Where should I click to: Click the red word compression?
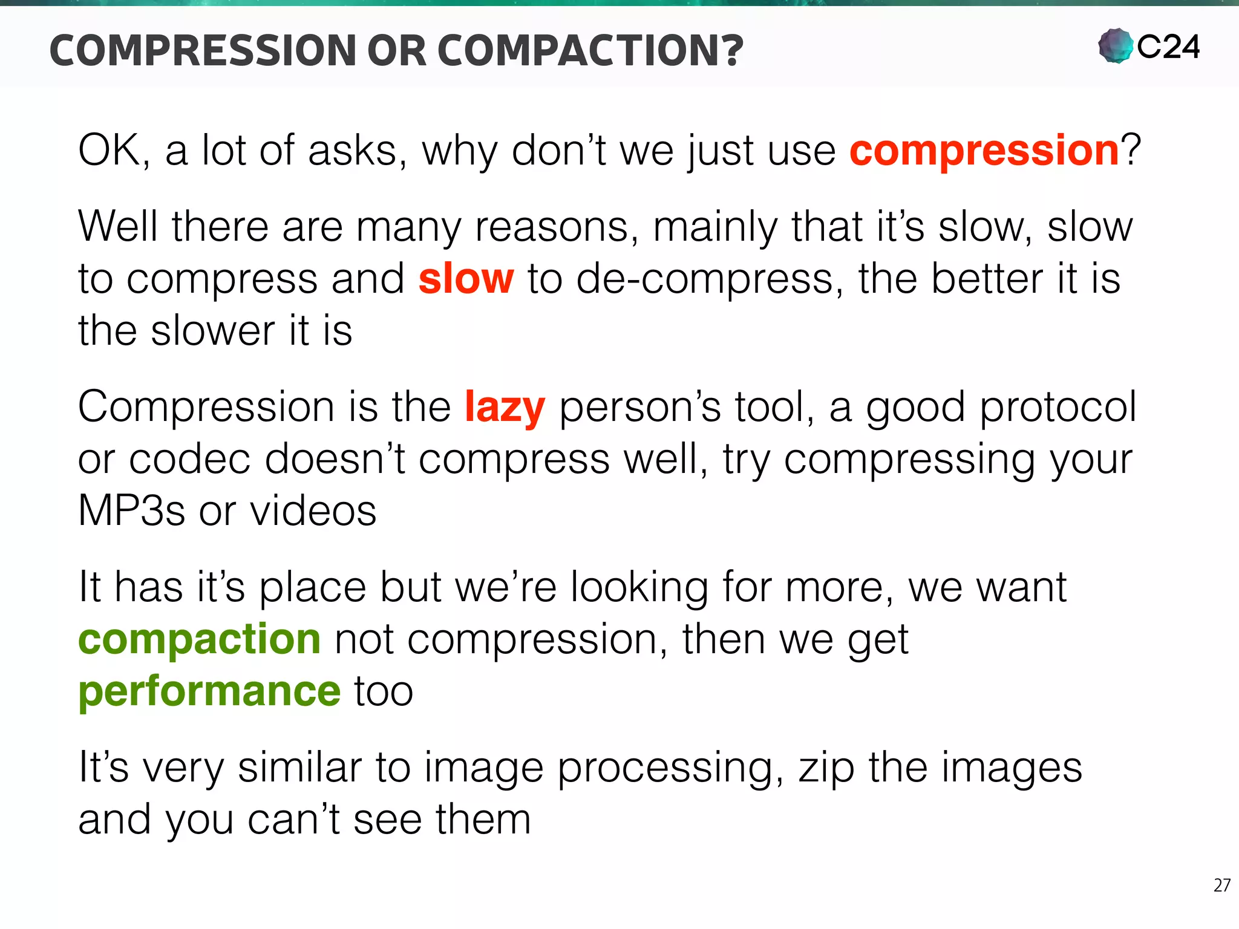984,151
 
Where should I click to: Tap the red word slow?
466,279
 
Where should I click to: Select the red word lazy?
505,408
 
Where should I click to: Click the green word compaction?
200,640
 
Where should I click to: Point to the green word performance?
210,692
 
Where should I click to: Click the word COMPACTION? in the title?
590,50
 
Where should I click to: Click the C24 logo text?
1168,47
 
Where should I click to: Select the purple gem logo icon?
1115,46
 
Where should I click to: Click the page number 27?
1221,885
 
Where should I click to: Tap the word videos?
313,511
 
